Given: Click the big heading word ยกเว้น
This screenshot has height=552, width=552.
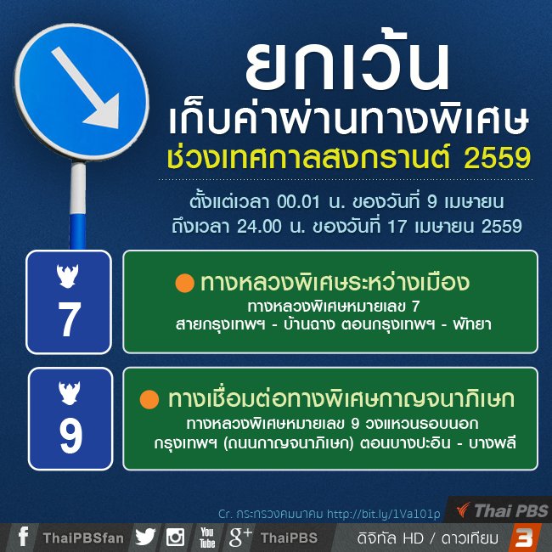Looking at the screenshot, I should coord(346,65).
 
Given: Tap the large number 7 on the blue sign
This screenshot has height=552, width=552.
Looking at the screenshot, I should coord(69,319).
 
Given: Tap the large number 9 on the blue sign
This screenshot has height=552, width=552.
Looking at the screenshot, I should coord(70,435).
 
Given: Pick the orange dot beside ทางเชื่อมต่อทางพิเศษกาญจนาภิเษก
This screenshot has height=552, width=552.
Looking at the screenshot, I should coord(149,398).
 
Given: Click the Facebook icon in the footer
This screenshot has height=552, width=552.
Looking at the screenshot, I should coord(23,538).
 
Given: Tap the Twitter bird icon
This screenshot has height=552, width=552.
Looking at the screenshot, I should coord(145,538).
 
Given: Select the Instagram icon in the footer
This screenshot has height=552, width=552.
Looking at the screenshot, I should coord(176,538).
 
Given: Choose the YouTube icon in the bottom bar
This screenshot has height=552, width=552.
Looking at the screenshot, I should coord(207,538).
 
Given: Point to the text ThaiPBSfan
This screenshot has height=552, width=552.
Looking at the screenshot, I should coord(82,538).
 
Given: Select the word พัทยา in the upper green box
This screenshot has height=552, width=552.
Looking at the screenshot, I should coord(472,324).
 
